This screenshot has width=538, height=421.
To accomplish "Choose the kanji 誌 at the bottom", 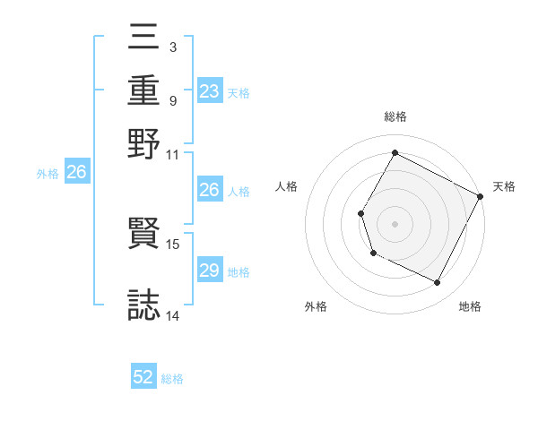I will (144, 303).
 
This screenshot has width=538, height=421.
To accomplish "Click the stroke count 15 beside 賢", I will (173, 243).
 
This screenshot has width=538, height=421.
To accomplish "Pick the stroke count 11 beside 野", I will (173, 154).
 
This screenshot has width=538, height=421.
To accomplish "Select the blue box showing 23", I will (209, 91).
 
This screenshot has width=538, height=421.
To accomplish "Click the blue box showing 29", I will (209, 271).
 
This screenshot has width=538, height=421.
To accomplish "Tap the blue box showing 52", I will (143, 377).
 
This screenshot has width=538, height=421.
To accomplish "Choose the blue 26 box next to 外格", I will (76, 173).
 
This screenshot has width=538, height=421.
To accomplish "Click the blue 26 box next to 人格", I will (209, 190).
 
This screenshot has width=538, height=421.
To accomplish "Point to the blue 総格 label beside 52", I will (172, 379).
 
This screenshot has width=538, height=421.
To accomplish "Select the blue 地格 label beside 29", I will (239, 272).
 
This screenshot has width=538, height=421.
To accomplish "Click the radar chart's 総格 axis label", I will (395, 116).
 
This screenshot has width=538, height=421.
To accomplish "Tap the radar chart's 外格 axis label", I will (316, 306).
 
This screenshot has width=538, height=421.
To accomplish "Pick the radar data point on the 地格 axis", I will (438, 283).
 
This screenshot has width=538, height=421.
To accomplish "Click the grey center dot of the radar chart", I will (395, 223).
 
